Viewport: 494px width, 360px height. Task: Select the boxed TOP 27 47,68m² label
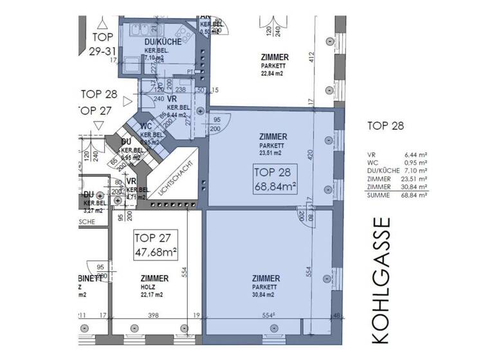tap(154, 244)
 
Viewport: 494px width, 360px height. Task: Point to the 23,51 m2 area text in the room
tap(270, 153)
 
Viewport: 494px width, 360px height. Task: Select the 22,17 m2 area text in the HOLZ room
tap(154, 294)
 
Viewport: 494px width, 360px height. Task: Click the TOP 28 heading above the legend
tap(385, 125)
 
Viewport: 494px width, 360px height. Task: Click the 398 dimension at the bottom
tap(153, 316)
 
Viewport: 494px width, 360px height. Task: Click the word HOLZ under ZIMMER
tap(154, 287)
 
